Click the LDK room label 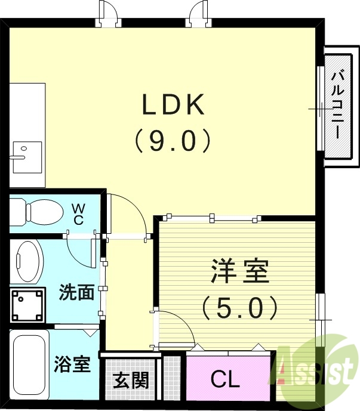pyautogui.click(x=173, y=105)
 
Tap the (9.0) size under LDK pyautogui.click(x=173, y=140)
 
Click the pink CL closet pyautogui.click(x=227, y=378)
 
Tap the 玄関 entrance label pyautogui.click(x=131, y=379)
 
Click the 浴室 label pyautogui.click(x=73, y=364)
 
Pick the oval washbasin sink pyautogui.click(x=27, y=260)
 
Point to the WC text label pyautogui.click(x=78, y=213)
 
